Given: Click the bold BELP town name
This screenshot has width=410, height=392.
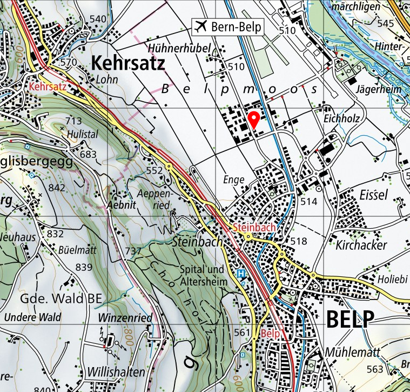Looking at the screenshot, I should tap(350, 319).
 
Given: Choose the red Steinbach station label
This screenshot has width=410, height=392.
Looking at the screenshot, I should tap(254, 228).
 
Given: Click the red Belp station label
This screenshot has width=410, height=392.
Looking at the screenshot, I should tap(270, 334).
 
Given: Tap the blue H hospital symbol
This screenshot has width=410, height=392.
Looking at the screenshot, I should tap(241, 274).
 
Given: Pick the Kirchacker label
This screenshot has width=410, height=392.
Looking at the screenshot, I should tap(361, 245).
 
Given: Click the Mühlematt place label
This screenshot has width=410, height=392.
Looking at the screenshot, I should tap(353, 352).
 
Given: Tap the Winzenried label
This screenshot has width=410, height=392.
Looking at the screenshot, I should tap(125, 317).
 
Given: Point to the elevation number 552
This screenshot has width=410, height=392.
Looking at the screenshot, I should tap(154, 170).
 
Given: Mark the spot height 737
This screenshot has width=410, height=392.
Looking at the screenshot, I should tap(133, 251).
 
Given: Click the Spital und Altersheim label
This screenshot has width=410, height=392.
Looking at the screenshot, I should tap(201, 275).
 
